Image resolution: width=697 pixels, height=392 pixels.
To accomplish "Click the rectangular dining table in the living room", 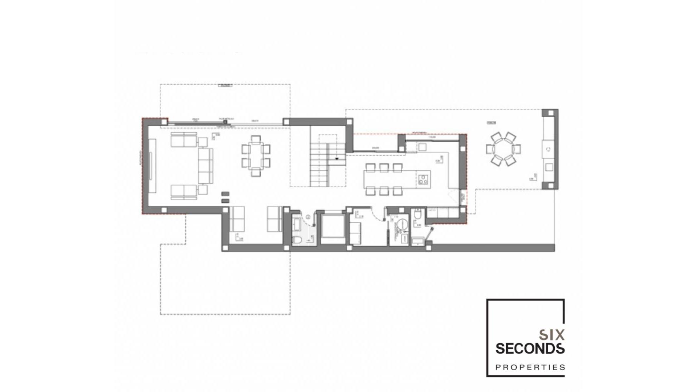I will point(256,156).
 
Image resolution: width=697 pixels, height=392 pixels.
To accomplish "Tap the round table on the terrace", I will point(503,149).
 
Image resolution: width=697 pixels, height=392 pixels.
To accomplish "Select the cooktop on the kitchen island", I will point(423,179).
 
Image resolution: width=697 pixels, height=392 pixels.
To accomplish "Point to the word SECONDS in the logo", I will point(530,348).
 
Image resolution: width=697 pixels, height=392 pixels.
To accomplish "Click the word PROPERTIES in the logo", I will point(530,367).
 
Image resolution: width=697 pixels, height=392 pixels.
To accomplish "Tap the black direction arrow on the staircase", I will point(337,159).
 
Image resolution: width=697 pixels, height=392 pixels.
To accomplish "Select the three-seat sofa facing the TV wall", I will point(205,166).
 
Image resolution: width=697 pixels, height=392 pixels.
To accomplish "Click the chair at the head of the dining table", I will point(256,139).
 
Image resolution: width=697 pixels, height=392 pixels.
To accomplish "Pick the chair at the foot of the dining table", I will point(256,173).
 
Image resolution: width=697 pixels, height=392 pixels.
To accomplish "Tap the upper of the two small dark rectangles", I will point(225,194).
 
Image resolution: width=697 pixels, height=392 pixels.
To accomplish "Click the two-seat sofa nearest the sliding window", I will point(184,140).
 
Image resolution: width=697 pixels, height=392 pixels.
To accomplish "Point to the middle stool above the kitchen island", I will point(384,167).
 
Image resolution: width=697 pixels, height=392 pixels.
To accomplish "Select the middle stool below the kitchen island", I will point(384,191).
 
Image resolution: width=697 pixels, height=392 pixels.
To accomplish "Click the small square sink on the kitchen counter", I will point(422,147).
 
